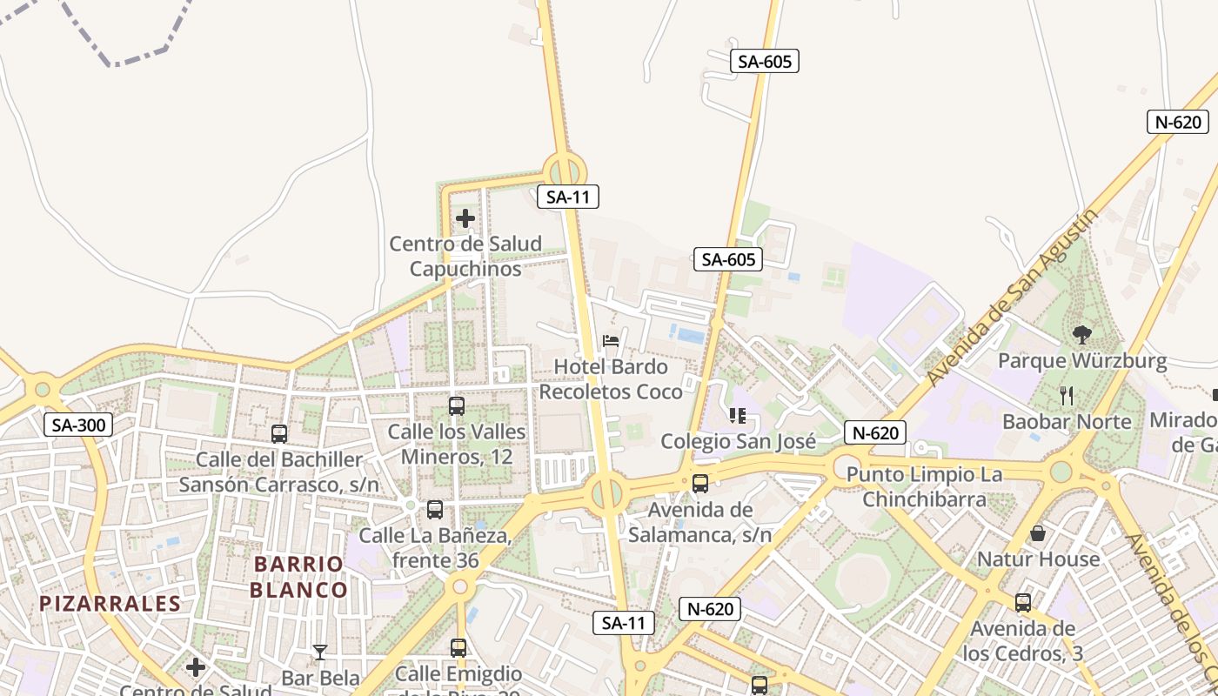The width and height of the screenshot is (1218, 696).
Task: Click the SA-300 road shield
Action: point(77,425)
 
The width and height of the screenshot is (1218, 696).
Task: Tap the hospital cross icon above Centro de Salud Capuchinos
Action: point(465,218)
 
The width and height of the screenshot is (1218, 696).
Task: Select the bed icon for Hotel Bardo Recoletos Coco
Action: point(611,341)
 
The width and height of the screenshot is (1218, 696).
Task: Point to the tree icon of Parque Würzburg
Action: point(1082,334)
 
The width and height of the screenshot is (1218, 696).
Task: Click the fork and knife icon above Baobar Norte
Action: point(1067,396)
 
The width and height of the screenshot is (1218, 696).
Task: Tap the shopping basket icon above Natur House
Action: point(1037,533)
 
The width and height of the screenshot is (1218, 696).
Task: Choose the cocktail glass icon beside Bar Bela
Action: point(320,652)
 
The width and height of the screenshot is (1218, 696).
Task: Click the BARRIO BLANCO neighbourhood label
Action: point(299,577)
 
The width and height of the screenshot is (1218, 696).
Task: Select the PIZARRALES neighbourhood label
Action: point(110,603)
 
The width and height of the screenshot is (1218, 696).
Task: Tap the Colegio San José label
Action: point(738,441)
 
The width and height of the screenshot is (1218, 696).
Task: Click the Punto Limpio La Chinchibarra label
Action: point(924,487)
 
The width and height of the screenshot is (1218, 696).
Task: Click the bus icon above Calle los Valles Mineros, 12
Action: point(456,405)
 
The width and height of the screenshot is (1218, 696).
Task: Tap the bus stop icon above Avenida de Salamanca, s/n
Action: point(699,484)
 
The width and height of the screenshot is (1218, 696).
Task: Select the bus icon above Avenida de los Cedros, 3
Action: point(1023,602)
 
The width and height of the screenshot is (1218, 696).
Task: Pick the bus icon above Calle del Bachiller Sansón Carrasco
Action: point(279,433)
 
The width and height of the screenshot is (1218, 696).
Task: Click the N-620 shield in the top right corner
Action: point(1178,122)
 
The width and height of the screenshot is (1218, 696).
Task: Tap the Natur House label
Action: point(1039,559)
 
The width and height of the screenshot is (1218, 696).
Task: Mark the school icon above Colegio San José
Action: point(738,416)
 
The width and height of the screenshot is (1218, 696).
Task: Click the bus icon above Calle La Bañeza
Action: point(434,510)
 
